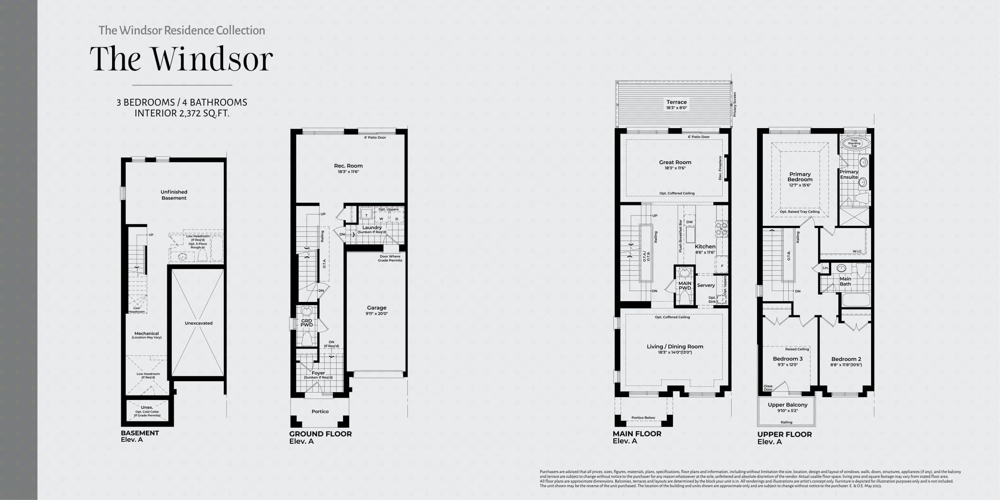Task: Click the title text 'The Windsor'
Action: pyautogui.click(x=181, y=59)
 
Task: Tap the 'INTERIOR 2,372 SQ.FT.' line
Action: pyautogui.click(x=182, y=113)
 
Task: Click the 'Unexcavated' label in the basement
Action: pyautogui.click(x=198, y=323)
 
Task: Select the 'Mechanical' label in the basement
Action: pyautogui.click(x=146, y=334)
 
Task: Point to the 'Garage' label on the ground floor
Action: pyautogui.click(x=377, y=308)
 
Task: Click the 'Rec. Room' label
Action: pyautogui.click(x=348, y=166)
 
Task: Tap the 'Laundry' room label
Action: pyautogui.click(x=372, y=227)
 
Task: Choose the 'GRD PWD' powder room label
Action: pyautogui.click(x=307, y=323)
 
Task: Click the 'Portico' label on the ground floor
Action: pyautogui.click(x=320, y=411)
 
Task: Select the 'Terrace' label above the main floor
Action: pyautogui.click(x=677, y=102)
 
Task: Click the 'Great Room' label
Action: pyautogui.click(x=675, y=162)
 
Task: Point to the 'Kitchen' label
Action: pyautogui.click(x=705, y=246)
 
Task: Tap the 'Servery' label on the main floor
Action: pyautogui.click(x=706, y=285)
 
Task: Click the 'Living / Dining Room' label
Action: pyautogui.click(x=675, y=346)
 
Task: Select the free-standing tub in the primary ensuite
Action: pyautogui.click(x=854, y=143)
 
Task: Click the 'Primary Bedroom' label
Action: pyautogui.click(x=800, y=177)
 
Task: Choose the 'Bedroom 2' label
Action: pyautogui.click(x=846, y=359)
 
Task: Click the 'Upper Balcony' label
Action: pyautogui.click(x=787, y=405)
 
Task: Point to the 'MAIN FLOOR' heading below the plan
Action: pyautogui.click(x=637, y=434)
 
